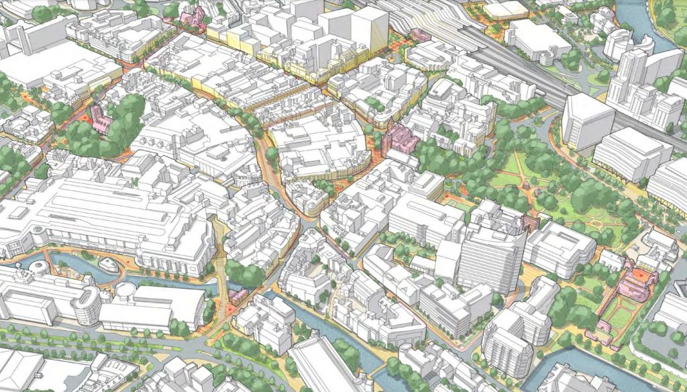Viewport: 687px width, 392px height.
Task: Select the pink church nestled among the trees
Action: [x=101, y=119]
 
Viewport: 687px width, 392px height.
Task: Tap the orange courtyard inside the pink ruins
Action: [x=641, y=276]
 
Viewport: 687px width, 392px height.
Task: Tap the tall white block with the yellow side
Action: [x=369, y=30]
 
